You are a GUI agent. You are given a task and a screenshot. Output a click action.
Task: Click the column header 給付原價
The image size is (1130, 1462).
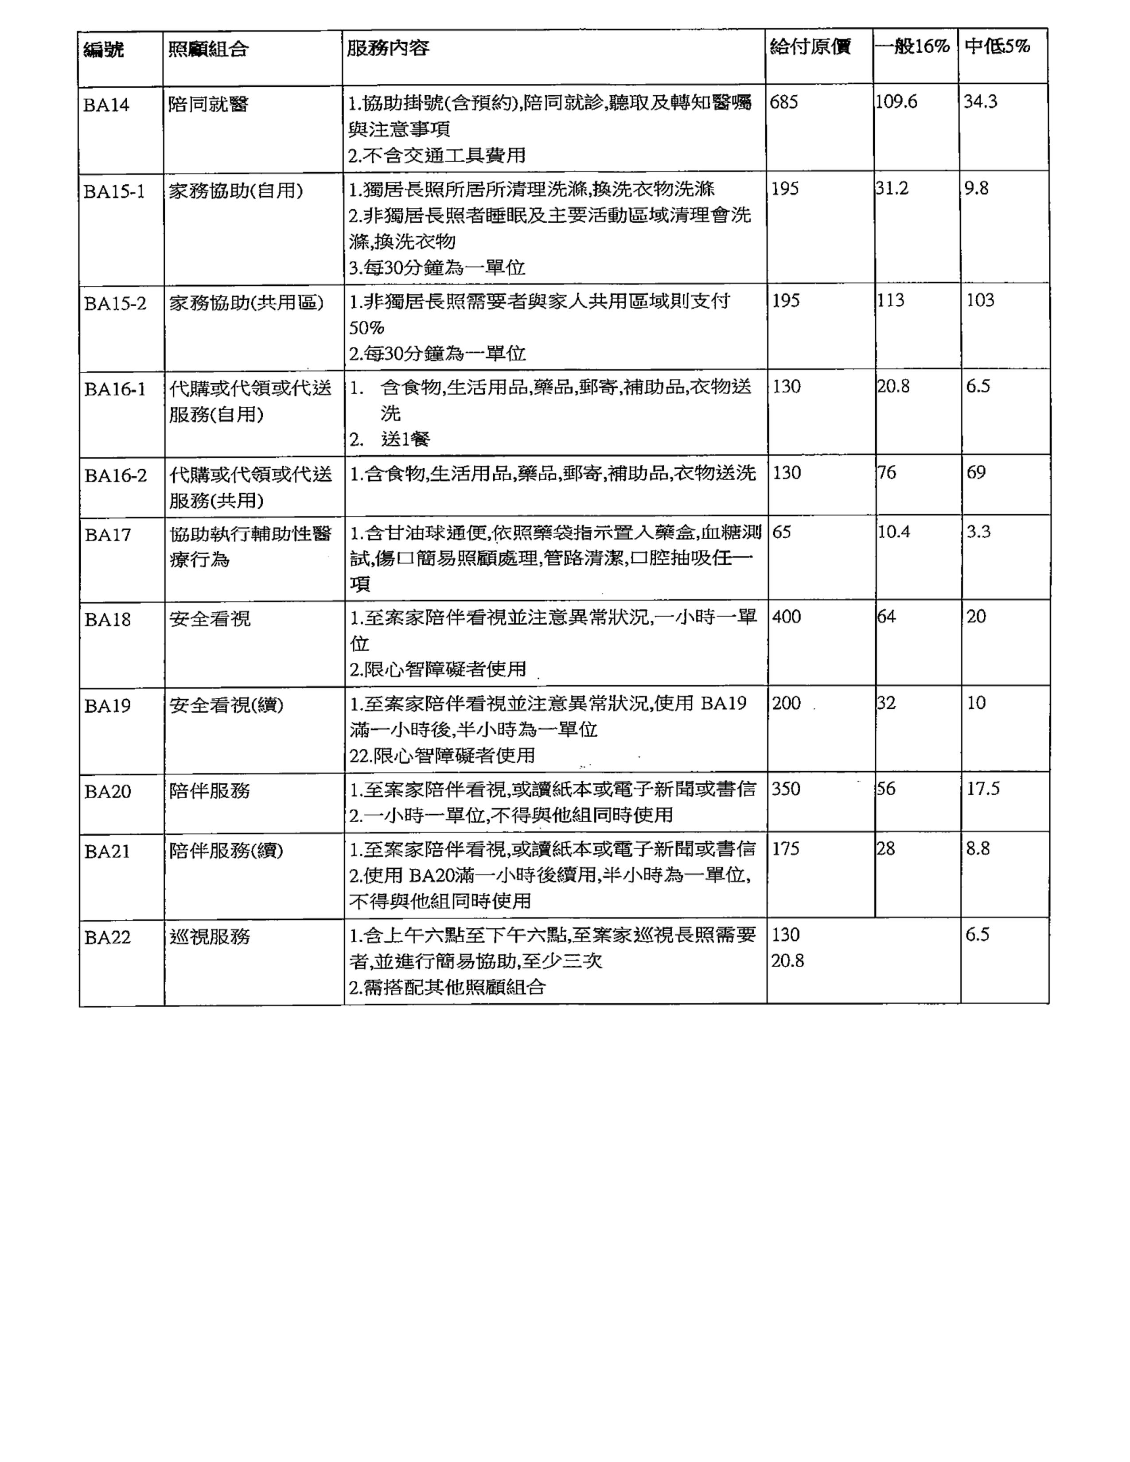[x=810, y=47]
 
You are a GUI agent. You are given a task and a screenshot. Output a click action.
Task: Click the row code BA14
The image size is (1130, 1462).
[x=106, y=105]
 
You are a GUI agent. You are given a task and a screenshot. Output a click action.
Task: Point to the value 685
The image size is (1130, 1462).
[x=784, y=102]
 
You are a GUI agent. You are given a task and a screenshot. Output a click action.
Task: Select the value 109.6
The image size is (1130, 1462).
[x=896, y=102]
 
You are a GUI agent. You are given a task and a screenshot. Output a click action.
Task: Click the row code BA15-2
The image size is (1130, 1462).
[x=115, y=304]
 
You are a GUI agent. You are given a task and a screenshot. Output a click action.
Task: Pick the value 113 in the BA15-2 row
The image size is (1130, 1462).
[x=891, y=300]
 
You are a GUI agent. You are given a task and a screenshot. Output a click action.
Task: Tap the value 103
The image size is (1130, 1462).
[x=980, y=300]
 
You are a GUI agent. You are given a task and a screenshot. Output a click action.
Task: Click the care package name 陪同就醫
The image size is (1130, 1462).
[x=208, y=105]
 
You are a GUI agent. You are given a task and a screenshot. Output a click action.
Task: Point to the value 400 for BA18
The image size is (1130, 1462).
[x=787, y=617]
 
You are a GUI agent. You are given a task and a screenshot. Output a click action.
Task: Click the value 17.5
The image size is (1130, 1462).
[x=983, y=789]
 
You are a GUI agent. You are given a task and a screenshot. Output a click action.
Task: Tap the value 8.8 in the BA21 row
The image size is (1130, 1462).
[x=978, y=849]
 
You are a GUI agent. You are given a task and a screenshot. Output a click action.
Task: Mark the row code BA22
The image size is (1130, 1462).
[x=107, y=937]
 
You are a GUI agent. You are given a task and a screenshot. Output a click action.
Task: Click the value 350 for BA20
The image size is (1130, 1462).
[x=786, y=789]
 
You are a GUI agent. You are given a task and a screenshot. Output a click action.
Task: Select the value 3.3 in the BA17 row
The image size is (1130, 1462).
[x=978, y=532]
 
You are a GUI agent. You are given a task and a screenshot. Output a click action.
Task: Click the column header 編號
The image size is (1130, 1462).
[x=104, y=49]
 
